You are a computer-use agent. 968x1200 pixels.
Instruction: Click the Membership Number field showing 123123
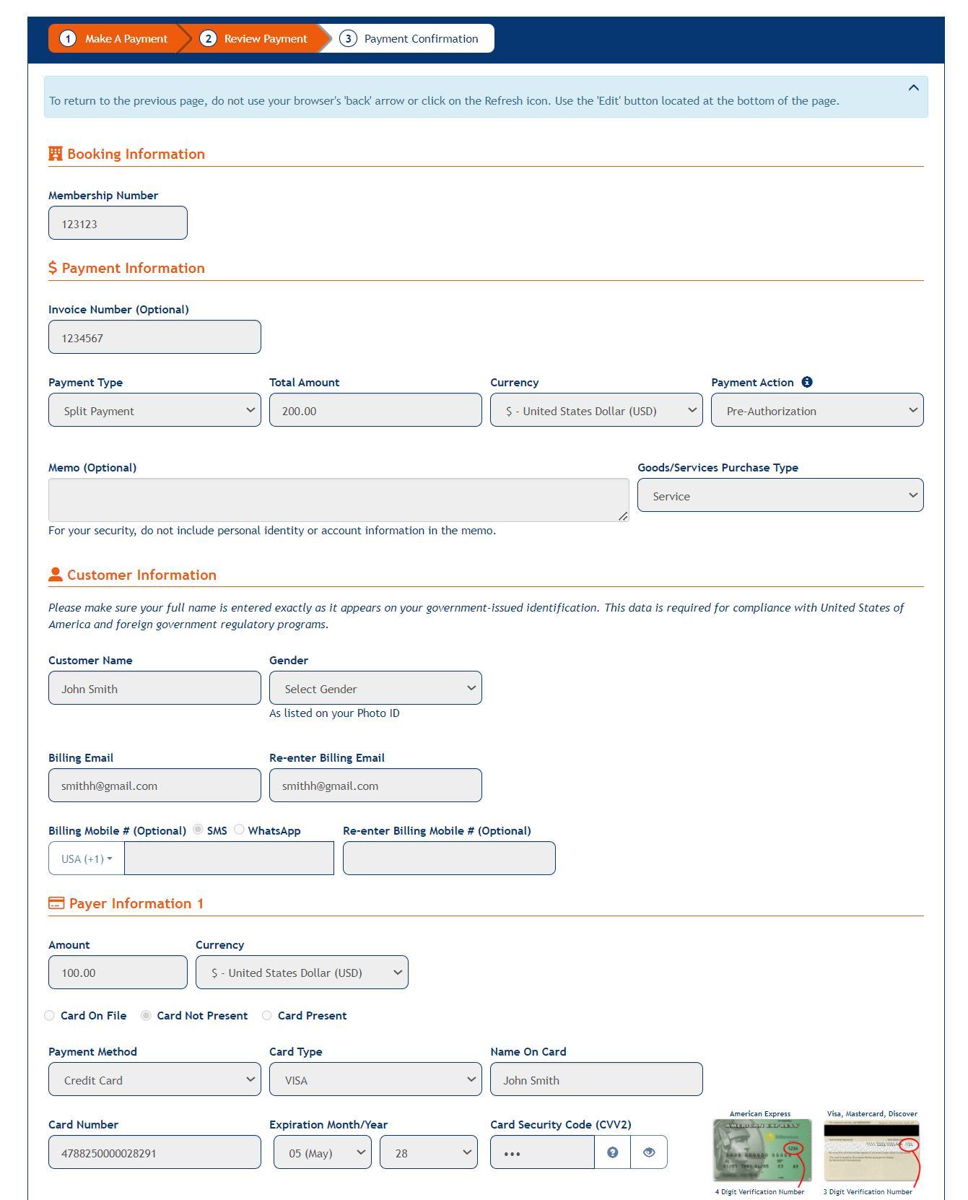coord(118,223)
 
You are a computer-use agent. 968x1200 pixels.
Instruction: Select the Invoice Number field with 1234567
coord(154,337)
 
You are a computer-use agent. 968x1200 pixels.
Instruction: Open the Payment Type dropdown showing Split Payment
coord(154,410)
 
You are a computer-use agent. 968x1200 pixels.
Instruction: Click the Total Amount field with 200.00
coord(375,410)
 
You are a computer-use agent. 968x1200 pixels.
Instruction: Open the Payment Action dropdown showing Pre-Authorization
coord(817,410)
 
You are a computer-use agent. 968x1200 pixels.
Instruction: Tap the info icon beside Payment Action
coord(807,382)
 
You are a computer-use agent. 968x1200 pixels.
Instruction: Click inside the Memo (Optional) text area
coord(338,500)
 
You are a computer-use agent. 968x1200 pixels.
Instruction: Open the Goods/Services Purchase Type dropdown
coord(780,495)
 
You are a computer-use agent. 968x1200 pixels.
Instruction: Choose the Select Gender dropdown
coord(375,688)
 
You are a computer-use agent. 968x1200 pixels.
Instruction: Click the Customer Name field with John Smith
coord(154,688)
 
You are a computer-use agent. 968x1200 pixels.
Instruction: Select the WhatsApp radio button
coord(239,830)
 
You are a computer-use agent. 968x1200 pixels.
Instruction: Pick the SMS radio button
coord(198,830)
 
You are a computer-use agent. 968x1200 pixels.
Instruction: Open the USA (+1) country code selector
coord(87,858)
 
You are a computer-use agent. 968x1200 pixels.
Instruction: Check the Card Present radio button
coord(267,1015)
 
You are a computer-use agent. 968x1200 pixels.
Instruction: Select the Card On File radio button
coord(50,1015)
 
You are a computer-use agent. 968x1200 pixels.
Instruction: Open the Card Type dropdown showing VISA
coord(375,1079)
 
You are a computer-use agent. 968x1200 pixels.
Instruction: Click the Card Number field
coord(154,1152)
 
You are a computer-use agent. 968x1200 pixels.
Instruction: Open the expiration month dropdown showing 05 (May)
coord(322,1152)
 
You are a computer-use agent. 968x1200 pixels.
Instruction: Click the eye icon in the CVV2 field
coord(649,1152)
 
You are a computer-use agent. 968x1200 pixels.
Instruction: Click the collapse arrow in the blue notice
coord(913,88)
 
